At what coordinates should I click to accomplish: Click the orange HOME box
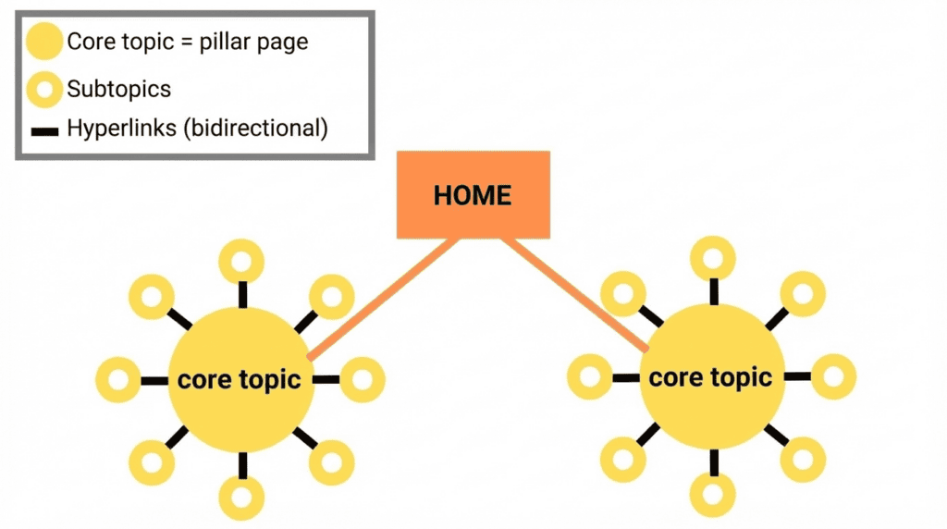point(473,195)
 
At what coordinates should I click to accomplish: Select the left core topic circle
point(240,380)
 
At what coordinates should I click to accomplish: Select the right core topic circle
point(712,376)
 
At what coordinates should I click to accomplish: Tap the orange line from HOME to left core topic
point(383,299)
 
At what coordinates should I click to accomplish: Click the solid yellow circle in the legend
point(44,42)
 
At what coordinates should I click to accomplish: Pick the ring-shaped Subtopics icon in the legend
point(44,90)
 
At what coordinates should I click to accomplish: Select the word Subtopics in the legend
point(118,89)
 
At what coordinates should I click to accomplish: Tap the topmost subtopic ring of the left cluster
point(241,261)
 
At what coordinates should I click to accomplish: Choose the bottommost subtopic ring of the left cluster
point(241,498)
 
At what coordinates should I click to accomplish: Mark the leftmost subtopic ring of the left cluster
point(118,380)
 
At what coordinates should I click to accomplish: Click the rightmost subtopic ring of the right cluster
point(833,376)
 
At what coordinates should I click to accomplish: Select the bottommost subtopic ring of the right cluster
point(713,495)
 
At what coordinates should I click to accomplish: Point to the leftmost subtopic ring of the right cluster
point(589,377)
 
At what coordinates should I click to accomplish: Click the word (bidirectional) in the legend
point(256,129)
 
